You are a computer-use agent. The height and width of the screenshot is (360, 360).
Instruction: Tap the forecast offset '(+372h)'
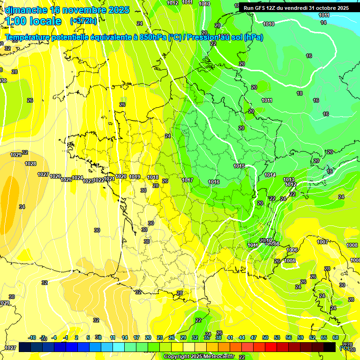[x=83, y=21]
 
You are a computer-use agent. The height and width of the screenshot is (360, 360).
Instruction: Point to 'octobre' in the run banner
[x=324, y=8]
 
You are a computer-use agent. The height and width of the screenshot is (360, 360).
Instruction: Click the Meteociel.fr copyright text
[x=199, y=356]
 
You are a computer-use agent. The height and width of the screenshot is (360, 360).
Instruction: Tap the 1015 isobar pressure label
[x=239, y=166]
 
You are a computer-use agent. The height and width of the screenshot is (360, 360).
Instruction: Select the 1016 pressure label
[x=214, y=182]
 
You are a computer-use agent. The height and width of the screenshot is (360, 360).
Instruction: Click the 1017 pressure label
[x=187, y=180]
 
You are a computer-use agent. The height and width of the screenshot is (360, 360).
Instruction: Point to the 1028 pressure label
[x=31, y=164]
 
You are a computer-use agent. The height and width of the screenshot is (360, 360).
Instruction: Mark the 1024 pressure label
[x=77, y=178]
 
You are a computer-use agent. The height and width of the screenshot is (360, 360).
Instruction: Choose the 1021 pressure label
[x=109, y=179]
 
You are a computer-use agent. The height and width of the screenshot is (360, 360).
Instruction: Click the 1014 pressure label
[x=270, y=175]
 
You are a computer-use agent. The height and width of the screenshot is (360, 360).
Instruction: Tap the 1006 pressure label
[x=292, y=250]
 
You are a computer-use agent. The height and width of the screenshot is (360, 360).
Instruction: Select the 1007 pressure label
[x=322, y=242]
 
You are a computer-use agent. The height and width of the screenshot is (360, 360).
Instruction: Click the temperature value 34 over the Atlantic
[x=22, y=207]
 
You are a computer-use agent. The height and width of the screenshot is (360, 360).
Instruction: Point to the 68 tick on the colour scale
[x=336, y=337]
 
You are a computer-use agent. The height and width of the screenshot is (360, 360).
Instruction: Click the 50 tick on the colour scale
[x=265, y=337]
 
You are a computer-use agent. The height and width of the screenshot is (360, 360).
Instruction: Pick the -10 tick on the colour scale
[x=32, y=337]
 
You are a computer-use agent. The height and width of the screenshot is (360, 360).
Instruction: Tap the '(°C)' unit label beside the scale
[x=345, y=347]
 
